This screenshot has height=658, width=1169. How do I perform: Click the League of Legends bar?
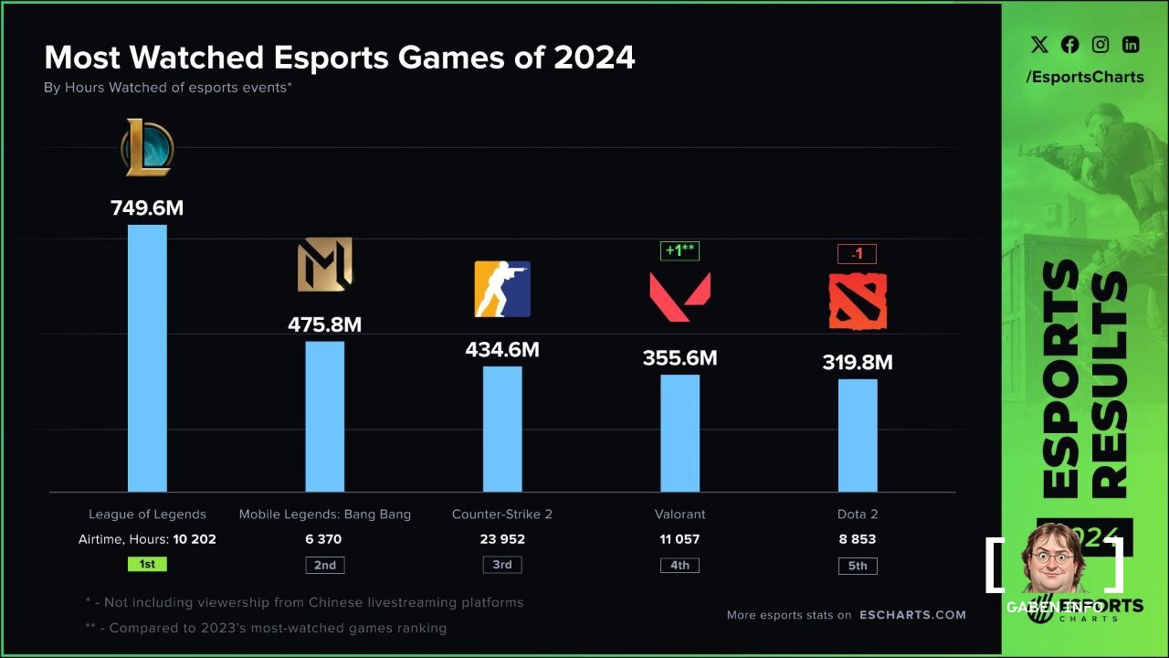click(x=147, y=358)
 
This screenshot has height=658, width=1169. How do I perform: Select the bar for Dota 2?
click(x=858, y=435)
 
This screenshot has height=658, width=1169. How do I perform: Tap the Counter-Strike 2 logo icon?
click(x=502, y=289)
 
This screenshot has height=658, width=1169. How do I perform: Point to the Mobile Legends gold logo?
click(x=324, y=265)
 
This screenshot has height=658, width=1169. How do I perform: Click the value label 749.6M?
click(x=147, y=208)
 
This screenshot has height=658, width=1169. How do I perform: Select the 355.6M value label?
click(x=679, y=358)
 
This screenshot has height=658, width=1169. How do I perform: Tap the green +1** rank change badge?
click(x=679, y=250)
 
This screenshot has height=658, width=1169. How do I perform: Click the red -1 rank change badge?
click(x=857, y=254)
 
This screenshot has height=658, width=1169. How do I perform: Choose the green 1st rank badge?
click(x=147, y=564)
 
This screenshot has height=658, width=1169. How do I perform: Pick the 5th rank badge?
click(x=858, y=566)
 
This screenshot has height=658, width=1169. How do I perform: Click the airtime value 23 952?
click(x=502, y=539)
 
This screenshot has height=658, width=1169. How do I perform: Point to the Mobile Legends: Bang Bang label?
click(x=324, y=515)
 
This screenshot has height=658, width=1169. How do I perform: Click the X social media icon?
click(x=1039, y=45)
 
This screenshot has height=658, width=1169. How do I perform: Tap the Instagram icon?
click(x=1101, y=45)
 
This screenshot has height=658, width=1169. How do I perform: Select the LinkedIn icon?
click(x=1131, y=45)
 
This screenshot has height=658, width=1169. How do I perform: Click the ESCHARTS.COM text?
click(x=912, y=615)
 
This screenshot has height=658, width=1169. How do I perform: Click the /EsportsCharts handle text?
click(x=1084, y=77)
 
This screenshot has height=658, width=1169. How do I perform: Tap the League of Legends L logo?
click(x=147, y=148)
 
